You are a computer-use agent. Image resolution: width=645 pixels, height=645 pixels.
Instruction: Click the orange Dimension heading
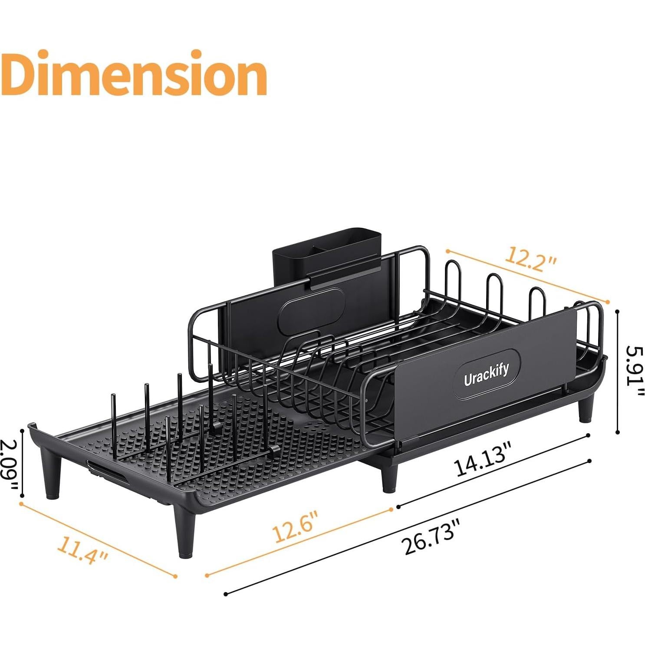click(x=133, y=74)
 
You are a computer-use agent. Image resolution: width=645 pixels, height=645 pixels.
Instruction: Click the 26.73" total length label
click(x=431, y=537)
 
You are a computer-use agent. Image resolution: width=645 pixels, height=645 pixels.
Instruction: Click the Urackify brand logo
click(x=486, y=374)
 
